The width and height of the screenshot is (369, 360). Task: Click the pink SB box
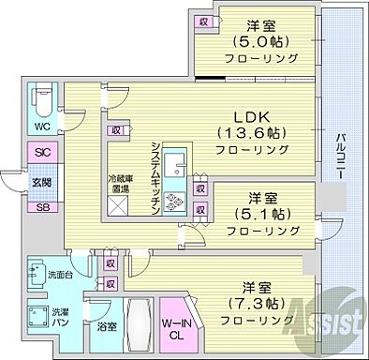[42, 207]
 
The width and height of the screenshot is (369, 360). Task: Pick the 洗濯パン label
[59, 316]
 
